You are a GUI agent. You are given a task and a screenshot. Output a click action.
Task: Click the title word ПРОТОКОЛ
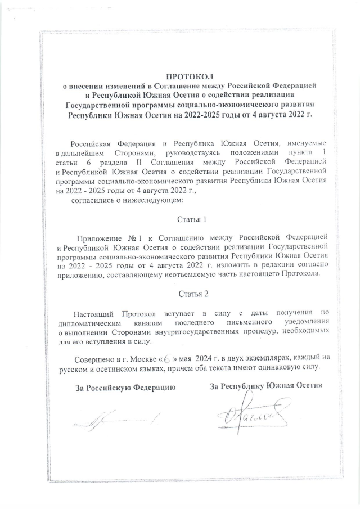(x=190, y=76)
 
